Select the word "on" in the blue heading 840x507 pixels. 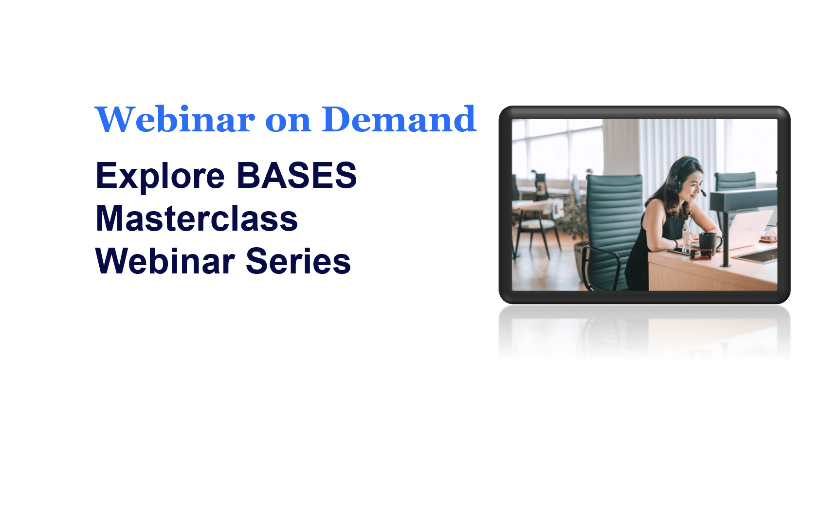(288, 121)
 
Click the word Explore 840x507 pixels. (160, 176)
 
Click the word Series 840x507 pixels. (298, 261)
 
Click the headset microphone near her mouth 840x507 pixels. (704, 194)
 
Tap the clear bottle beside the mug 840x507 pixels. (686, 236)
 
